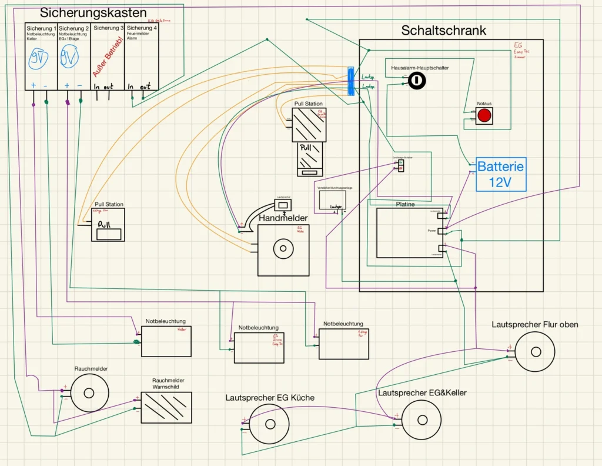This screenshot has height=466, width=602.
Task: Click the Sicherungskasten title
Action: [93, 13]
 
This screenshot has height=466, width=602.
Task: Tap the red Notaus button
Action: [484, 115]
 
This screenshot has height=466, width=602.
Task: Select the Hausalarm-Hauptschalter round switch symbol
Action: [416, 81]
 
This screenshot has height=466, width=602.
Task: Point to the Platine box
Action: [410, 232]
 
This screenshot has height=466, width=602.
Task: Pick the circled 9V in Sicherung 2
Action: [69, 58]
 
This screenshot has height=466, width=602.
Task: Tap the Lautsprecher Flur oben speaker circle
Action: [535, 351]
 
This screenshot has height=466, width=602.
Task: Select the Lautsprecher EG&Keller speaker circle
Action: [422, 420]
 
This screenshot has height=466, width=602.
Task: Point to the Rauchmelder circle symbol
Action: [89, 392]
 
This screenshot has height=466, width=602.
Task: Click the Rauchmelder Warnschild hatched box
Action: [166, 408]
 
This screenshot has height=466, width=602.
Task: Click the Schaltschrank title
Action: [443, 31]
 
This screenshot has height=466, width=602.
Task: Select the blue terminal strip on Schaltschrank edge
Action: [350, 81]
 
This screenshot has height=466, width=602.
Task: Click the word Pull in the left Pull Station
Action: [104, 224]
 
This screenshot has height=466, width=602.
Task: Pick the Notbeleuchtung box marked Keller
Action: [166, 341]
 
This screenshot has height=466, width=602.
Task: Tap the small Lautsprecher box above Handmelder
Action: [283, 205]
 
